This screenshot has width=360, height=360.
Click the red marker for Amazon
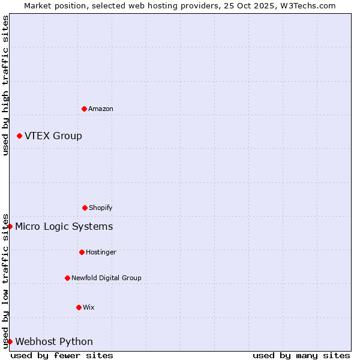pyautogui.click(x=84, y=109)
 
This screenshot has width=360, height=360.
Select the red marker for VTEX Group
pyautogui.click(x=19, y=136)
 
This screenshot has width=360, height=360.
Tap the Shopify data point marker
pyautogui.click(x=85, y=208)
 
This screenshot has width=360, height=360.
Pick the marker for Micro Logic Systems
pyautogui.click(x=10, y=226)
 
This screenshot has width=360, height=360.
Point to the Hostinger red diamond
pyautogui.click(x=82, y=252)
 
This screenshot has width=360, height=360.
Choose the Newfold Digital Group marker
pyautogui.click(x=67, y=278)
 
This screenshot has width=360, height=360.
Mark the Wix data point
pyautogui.click(x=79, y=307)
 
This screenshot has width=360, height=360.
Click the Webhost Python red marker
pyautogui.click(x=10, y=341)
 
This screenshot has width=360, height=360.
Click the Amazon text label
pyautogui.click(x=101, y=109)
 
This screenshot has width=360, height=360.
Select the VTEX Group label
pyautogui.click(x=53, y=136)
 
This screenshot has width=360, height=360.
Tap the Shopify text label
pyautogui.click(x=101, y=208)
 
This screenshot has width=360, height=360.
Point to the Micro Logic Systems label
pyautogui.click(x=64, y=226)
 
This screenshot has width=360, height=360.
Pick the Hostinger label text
pyautogui.click(x=101, y=252)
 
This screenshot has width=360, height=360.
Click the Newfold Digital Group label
pyautogui.click(x=106, y=278)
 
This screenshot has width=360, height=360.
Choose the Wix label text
pyautogui.click(x=89, y=307)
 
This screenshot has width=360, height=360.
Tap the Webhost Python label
pyautogui.click(x=54, y=341)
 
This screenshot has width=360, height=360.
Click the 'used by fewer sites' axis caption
pyautogui.click(x=62, y=355)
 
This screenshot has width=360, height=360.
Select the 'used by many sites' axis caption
pyautogui.click(x=301, y=355)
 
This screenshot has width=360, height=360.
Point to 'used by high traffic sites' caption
pyautogui.click(x=5, y=86)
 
